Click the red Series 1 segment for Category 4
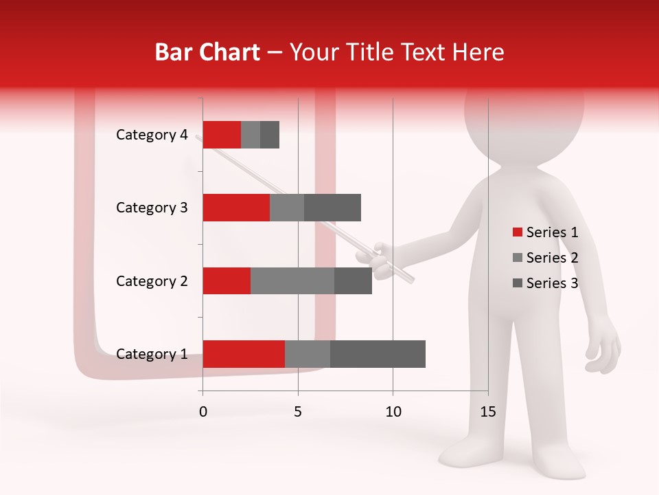click(x=222, y=135)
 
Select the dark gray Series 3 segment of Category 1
click(x=378, y=354)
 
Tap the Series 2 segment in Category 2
click(x=292, y=280)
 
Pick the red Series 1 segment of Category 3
click(x=236, y=208)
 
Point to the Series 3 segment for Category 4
click(x=270, y=135)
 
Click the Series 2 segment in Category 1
click(x=308, y=354)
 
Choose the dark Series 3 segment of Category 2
click(x=353, y=280)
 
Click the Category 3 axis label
click(x=152, y=208)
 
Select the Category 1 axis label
click(x=152, y=354)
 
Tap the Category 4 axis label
click(x=152, y=135)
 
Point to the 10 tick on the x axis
click(x=393, y=412)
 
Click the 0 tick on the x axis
click(x=203, y=412)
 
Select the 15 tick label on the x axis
click(x=487, y=412)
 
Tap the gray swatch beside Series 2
click(x=517, y=258)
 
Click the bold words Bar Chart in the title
click(x=207, y=52)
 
